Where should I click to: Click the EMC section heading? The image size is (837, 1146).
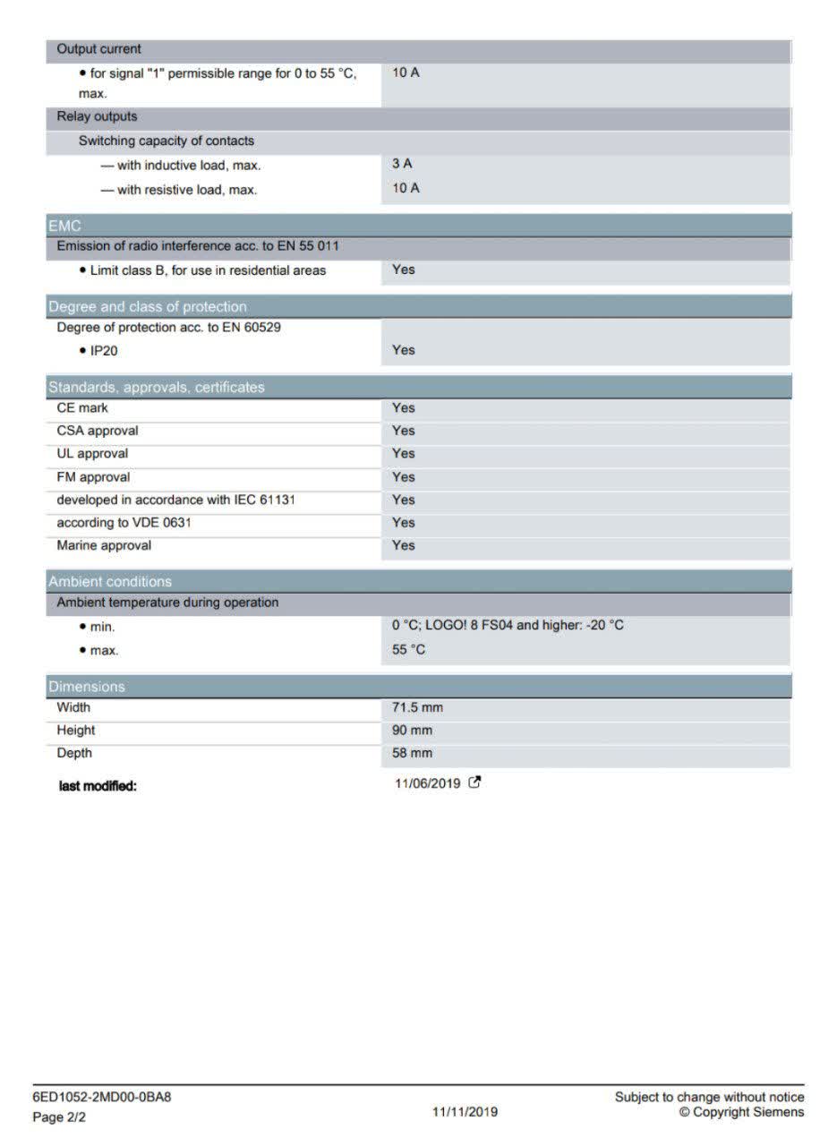[64, 227]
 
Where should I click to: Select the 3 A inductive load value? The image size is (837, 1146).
[402, 164]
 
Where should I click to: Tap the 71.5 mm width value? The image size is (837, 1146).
[417, 707]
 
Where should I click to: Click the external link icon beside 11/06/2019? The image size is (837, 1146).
[475, 783]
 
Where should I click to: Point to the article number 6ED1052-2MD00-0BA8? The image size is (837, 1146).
[101, 1097]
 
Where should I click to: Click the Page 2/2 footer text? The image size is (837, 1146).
[59, 1116]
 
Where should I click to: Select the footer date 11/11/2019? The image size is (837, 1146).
[465, 1112]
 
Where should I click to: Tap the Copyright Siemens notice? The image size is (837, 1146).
[741, 1112]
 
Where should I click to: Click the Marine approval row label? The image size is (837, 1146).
[104, 545]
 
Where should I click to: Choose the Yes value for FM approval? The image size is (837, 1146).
[404, 477]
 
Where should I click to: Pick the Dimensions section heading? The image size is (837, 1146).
[87, 687]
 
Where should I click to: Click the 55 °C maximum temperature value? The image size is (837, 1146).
[409, 649]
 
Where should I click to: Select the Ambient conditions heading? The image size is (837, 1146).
[110, 581]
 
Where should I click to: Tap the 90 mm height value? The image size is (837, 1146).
[412, 731]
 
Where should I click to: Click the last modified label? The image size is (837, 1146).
[98, 786]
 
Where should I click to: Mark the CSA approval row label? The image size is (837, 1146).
[98, 431]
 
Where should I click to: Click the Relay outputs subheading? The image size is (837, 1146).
[97, 116]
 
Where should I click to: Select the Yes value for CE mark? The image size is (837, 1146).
[404, 407]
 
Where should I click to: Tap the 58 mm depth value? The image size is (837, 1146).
[412, 753]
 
